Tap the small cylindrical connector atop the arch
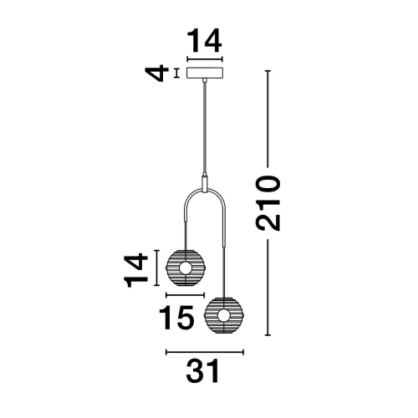point(205,182)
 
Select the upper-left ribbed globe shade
point(186,268)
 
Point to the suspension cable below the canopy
point(205,125)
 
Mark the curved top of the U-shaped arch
point(205,195)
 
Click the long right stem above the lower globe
point(223,251)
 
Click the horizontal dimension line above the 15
point(186,295)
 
